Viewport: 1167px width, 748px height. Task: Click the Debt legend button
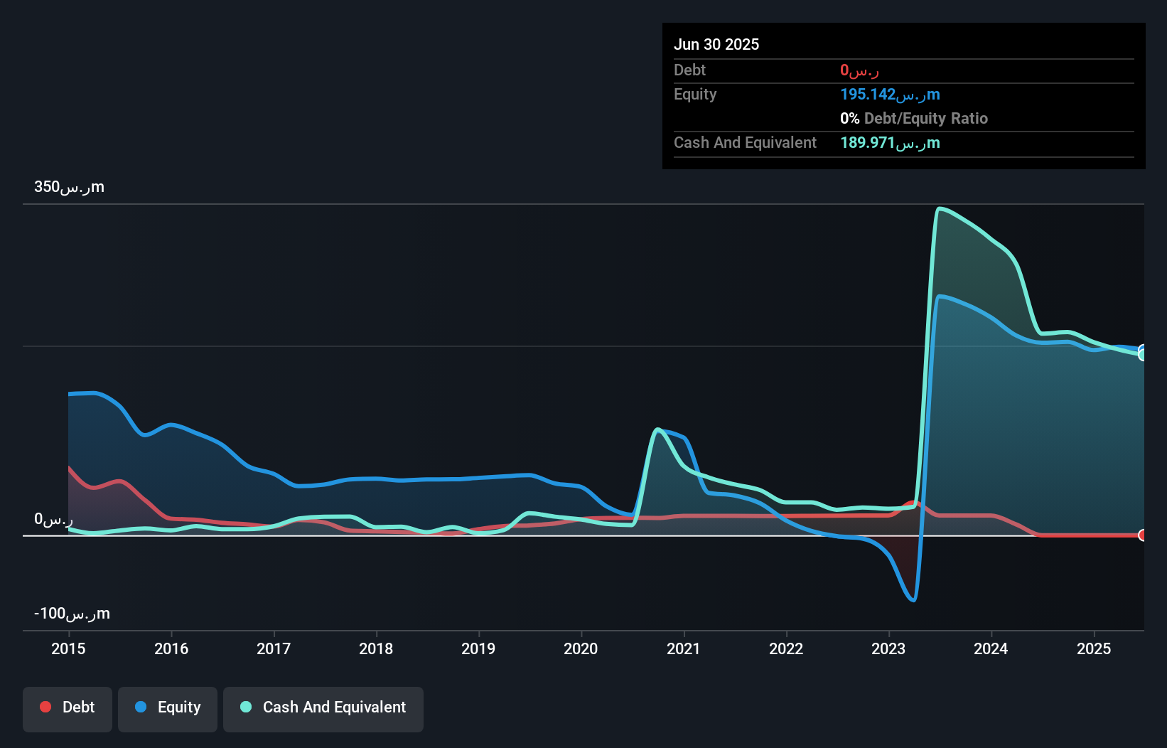pyautogui.click(x=68, y=707)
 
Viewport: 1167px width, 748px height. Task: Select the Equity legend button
pyautogui.click(x=168, y=707)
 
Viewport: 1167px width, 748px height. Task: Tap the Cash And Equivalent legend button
pyautogui.click(x=323, y=707)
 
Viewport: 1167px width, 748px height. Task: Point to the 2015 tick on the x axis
pyautogui.click(x=68, y=648)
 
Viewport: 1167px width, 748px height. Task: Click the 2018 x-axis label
pyautogui.click(x=376, y=648)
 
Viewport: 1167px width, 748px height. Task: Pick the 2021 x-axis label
pyautogui.click(x=684, y=648)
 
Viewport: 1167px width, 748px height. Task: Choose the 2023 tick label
pyautogui.click(x=888, y=648)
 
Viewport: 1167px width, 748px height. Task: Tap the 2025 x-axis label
pyautogui.click(x=1094, y=648)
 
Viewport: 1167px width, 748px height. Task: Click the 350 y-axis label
pyautogui.click(x=69, y=187)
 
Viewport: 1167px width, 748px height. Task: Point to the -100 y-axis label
pyautogui.click(x=72, y=614)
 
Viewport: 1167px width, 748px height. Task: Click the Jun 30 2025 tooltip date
pyautogui.click(x=716, y=44)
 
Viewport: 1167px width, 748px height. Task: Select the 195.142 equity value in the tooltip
pyautogui.click(x=890, y=95)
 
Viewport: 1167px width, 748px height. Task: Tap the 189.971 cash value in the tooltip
pyautogui.click(x=890, y=143)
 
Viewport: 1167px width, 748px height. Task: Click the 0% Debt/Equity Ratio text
pyautogui.click(x=914, y=119)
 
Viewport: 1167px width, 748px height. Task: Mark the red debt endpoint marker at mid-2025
pyautogui.click(x=1143, y=535)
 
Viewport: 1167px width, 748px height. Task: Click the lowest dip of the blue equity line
pyautogui.click(x=913, y=600)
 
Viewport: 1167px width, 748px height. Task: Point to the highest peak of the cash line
pyautogui.click(x=940, y=208)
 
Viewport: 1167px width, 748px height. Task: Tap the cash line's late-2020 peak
pyautogui.click(x=658, y=429)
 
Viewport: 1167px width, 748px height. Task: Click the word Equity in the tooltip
pyautogui.click(x=695, y=95)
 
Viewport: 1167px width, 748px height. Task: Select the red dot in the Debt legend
pyautogui.click(x=45, y=707)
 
